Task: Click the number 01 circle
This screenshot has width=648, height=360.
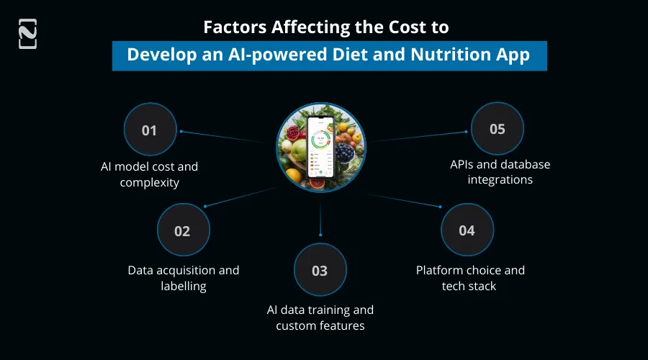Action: pyautogui.click(x=150, y=130)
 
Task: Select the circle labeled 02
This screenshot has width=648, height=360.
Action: pyautogui.click(x=183, y=231)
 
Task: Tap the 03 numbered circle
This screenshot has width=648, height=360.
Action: pyautogui.click(x=320, y=271)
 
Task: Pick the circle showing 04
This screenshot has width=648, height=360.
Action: pyautogui.click(x=467, y=230)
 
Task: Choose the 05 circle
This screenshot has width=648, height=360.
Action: pyautogui.click(x=498, y=130)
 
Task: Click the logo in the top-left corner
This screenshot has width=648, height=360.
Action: pyautogui.click(x=27, y=34)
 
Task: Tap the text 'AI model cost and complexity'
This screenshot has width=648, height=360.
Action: pyautogui.click(x=149, y=174)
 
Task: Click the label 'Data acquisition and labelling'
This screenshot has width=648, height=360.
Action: pyautogui.click(x=183, y=278)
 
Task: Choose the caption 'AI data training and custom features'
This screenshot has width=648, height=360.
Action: pyautogui.click(x=320, y=318)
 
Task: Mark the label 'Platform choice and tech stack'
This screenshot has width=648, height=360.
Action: pyautogui.click(x=470, y=278)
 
